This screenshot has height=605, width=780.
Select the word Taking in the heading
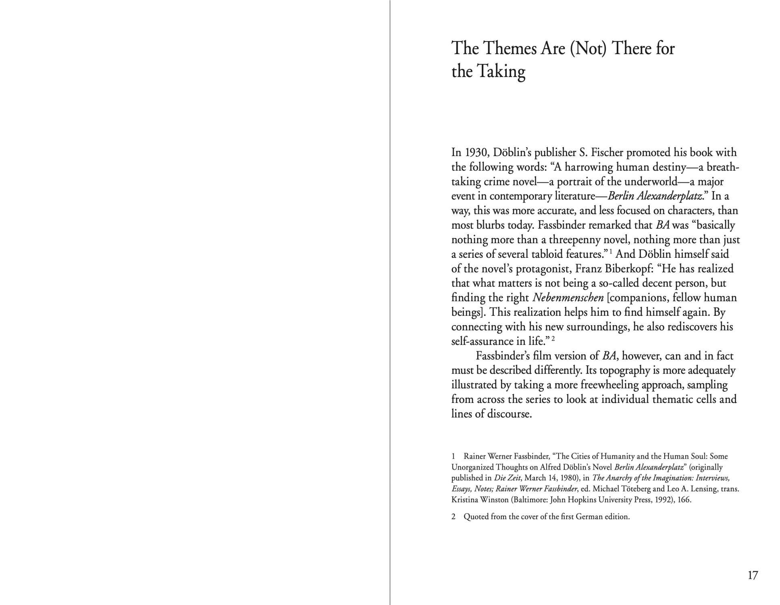501,72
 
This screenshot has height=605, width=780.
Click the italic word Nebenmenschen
568,298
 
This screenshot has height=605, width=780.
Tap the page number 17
753,575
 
